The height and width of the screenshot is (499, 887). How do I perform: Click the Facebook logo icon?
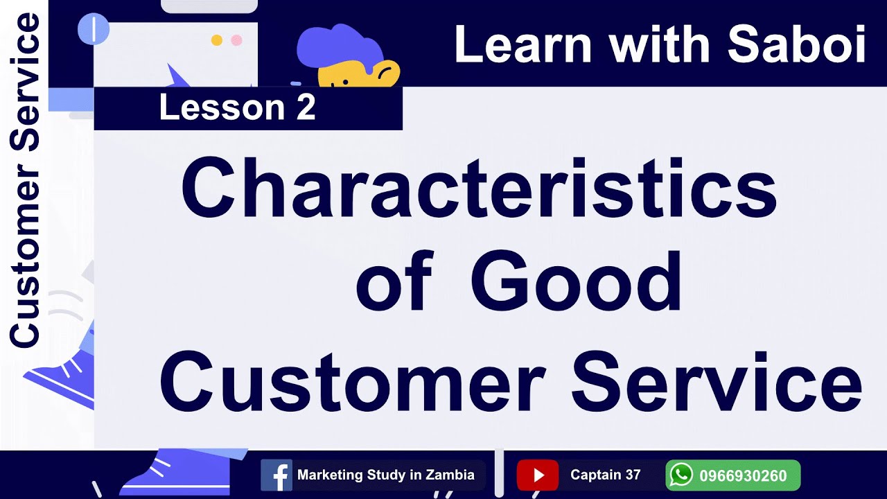276,475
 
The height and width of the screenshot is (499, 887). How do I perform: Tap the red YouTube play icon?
537,475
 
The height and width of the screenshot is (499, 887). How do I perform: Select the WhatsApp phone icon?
682,475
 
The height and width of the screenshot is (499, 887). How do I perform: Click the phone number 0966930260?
743,476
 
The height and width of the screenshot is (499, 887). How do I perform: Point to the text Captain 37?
605,475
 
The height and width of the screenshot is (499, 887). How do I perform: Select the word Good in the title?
577,283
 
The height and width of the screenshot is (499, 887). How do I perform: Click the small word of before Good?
394,284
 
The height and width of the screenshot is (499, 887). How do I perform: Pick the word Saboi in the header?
797,46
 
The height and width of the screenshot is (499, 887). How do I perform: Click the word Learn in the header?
523,46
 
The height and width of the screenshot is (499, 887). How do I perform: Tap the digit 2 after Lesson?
306,108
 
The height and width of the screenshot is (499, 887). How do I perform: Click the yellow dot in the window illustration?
216,40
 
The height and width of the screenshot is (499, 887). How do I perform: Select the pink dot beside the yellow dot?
236,40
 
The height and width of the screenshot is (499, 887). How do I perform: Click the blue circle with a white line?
94,28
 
